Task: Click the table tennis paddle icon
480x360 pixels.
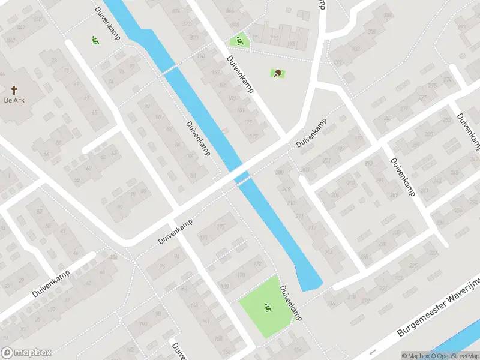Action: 278,74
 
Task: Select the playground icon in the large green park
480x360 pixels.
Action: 268,308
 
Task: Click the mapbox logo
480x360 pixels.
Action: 26,353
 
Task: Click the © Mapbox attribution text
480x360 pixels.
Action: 415,356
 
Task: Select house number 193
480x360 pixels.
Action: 275,38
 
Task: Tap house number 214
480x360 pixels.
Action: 328,253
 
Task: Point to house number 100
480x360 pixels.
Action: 143,325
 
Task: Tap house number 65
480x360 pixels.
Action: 94,113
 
